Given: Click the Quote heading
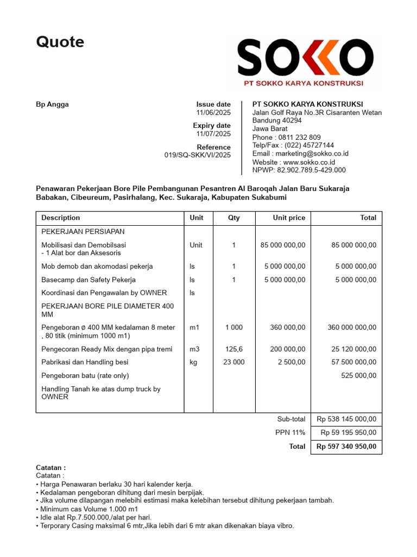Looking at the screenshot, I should (60, 42).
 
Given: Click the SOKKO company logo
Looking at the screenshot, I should (304, 61).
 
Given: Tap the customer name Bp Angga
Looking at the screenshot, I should (52, 104).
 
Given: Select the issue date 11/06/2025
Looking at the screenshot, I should (213, 113).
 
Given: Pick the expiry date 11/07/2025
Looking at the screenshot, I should (213, 134).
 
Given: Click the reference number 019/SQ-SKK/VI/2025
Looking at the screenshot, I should (197, 155).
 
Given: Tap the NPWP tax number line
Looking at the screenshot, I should (299, 170).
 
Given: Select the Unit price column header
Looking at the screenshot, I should (288, 218).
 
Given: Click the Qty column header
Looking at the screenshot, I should (233, 218).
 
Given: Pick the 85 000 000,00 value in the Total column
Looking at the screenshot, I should (353, 245).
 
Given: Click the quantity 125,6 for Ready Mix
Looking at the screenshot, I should (233, 349).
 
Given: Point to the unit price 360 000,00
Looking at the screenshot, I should (288, 327).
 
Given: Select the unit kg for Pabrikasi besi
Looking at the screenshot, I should (193, 362).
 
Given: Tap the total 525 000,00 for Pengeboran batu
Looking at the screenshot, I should (358, 376).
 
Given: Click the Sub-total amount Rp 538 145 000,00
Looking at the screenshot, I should (346, 419).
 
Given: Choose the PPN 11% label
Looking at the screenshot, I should (290, 433).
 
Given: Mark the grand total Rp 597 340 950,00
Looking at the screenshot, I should (346, 447).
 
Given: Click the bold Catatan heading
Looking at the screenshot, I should (50, 467).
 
